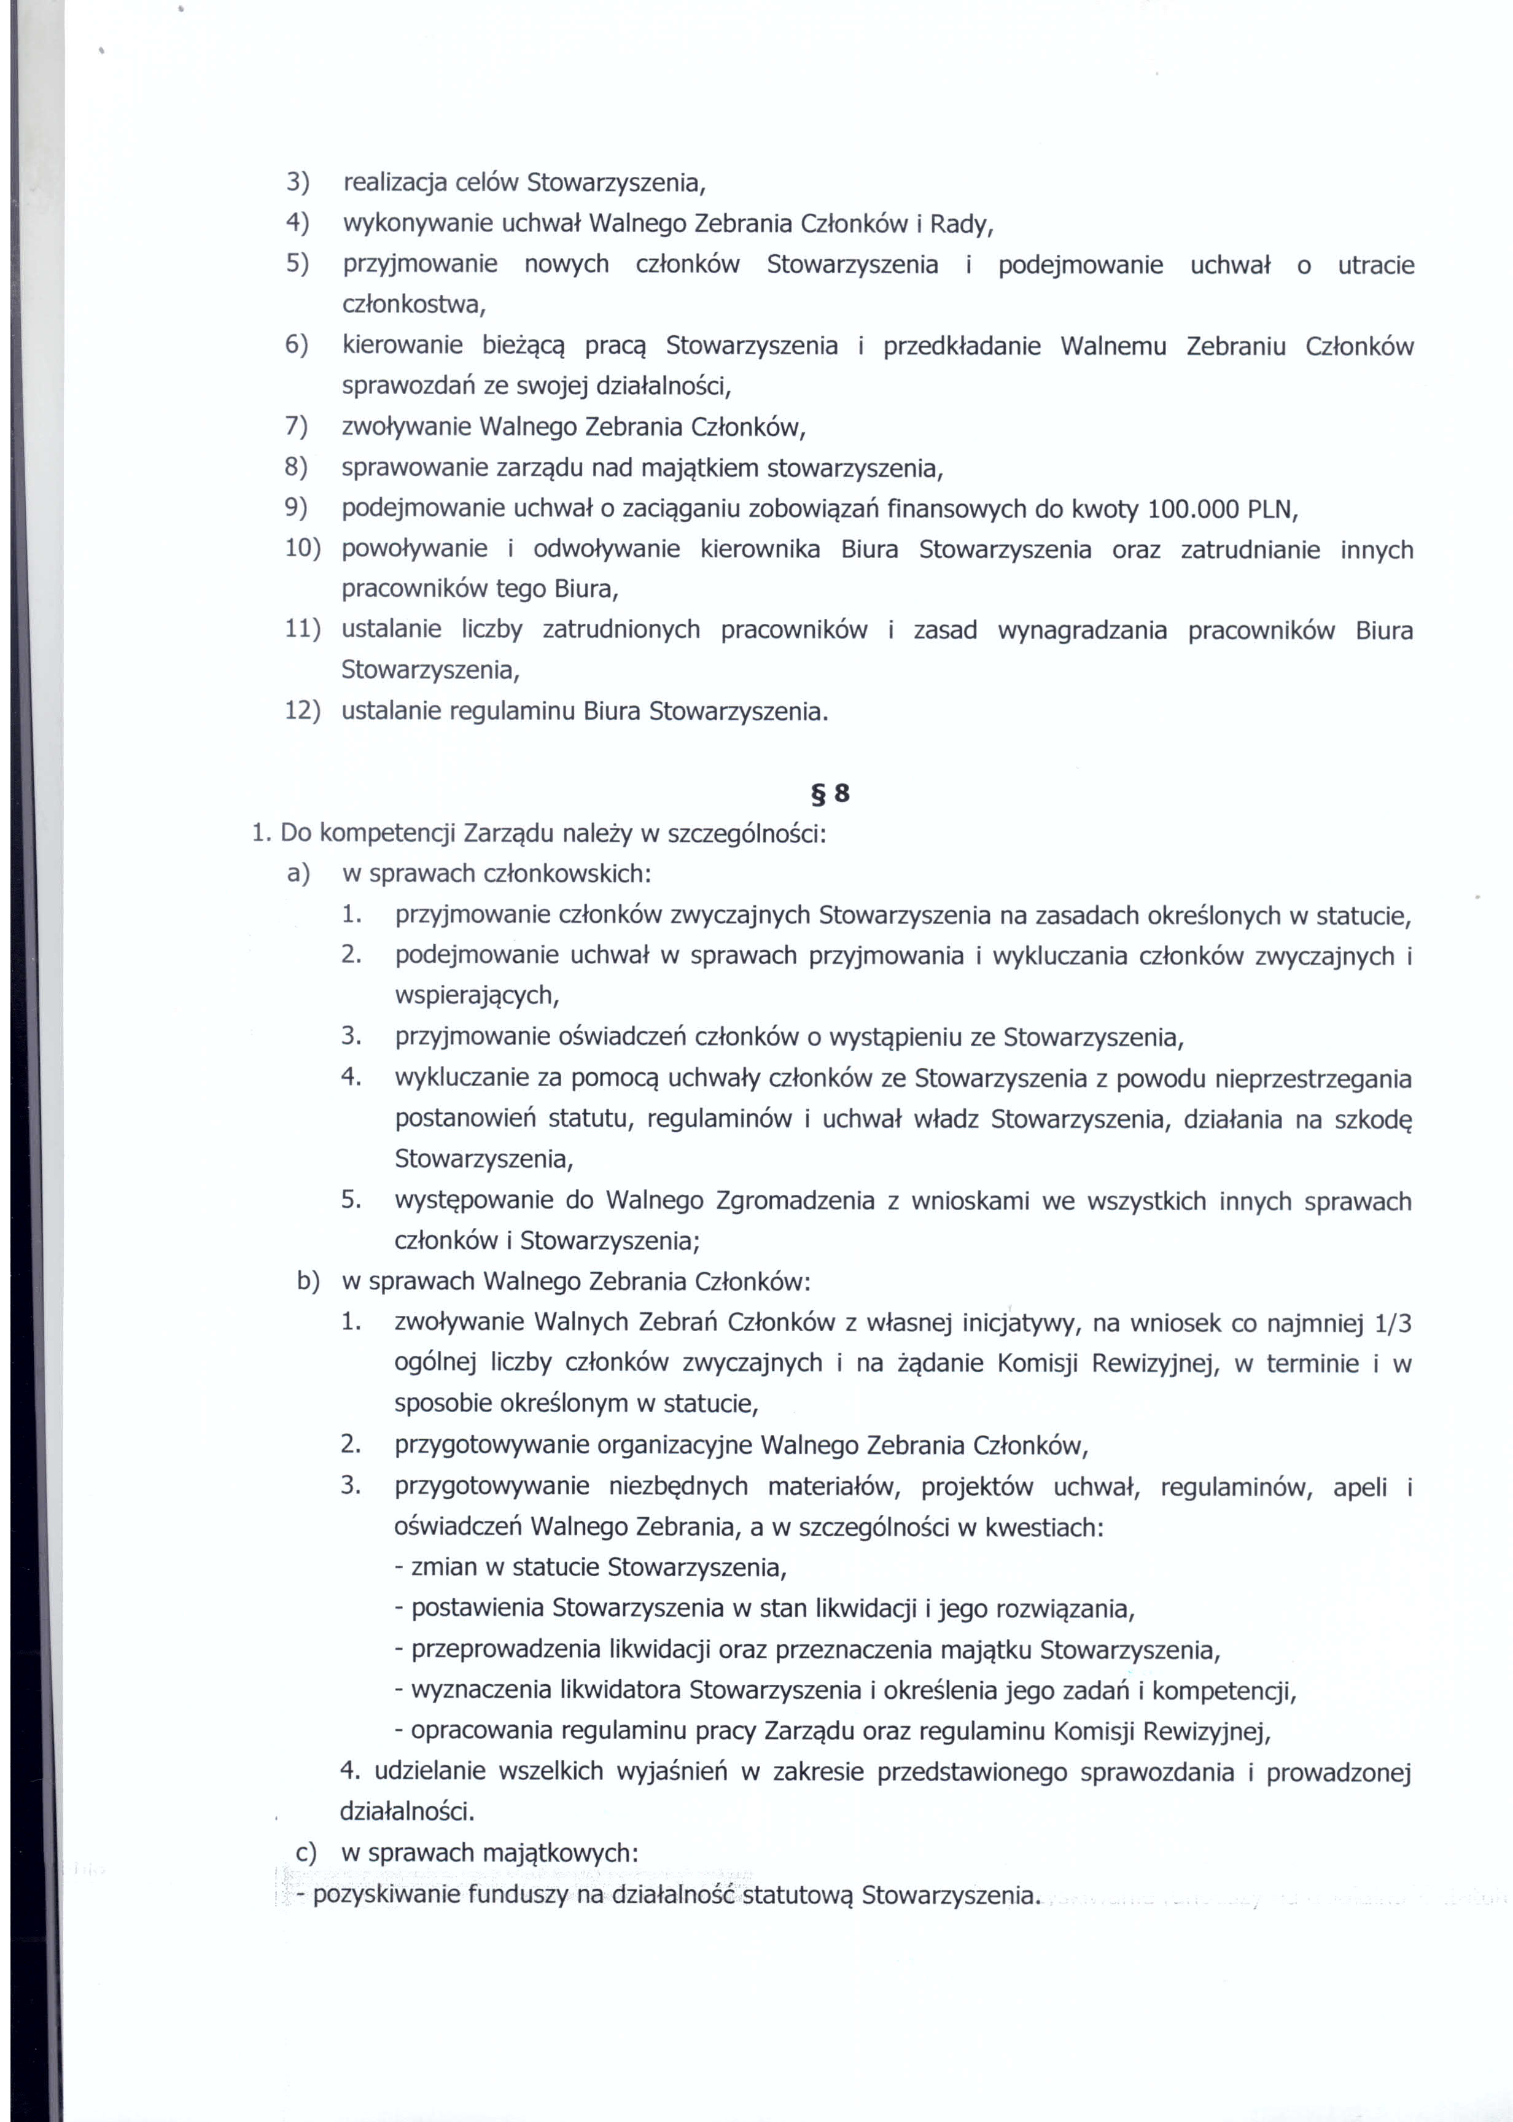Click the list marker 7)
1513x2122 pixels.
pyautogui.click(x=296, y=427)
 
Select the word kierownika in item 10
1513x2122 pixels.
pyautogui.click(x=760, y=550)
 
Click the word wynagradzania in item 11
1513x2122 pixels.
pyautogui.click(x=1082, y=631)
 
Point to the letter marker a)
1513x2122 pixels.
pyautogui.click(x=298, y=874)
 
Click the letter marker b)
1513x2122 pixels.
pyautogui.click(x=308, y=1282)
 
